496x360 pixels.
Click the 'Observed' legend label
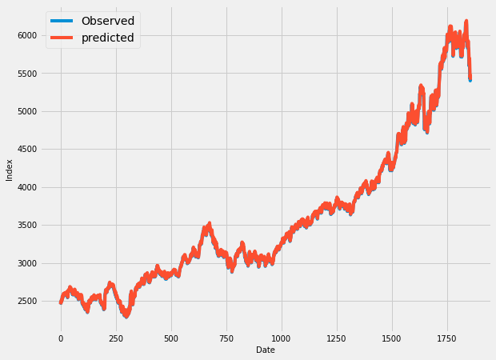pyautogui.click(x=107, y=21)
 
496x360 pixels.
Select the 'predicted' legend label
pyautogui.click(x=107, y=38)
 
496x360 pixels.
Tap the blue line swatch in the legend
pyautogui.click(x=62, y=21)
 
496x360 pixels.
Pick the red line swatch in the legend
pyautogui.click(x=62, y=38)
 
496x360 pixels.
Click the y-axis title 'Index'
pyautogui.click(x=10, y=170)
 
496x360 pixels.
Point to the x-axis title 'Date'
pyautogui.click(x=265, y=350)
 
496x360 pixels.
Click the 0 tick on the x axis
pyautogui.click(x=61, y=338)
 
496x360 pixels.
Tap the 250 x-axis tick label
pyautogui.click(x=116, y=338)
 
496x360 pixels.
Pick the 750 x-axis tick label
pyautogui.click(x=226, y=338)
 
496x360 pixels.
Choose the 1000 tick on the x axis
pyautogui.click(x=282, y=338)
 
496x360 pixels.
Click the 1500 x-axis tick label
pyautogui.click(x=392, y=338)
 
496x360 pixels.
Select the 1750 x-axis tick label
pyautogui.click(x=447, y=338)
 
